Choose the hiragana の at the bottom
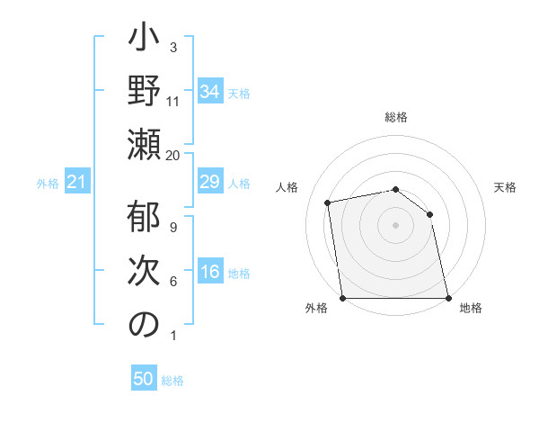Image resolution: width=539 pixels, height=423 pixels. (x=144, y=326)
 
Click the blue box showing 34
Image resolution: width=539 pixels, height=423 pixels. (x=209, y=91)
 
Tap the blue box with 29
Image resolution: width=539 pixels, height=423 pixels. (x=209, y=183)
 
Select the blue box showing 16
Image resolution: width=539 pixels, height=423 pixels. (x=209, y=273)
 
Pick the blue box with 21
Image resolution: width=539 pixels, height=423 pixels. (x=77, y=183)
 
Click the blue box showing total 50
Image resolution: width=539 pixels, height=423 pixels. (x=144, y=379)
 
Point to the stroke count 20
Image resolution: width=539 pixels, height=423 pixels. (x=172, y=155)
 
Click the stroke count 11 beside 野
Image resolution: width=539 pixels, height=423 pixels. (x=172, y=101)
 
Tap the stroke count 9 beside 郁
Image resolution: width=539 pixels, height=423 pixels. (x=172, y=227)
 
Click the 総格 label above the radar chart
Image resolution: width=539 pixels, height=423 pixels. (x=396, y=117)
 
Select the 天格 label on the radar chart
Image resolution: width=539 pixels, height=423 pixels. (x=505, y=187)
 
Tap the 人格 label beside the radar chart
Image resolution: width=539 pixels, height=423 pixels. (x=288, y=187)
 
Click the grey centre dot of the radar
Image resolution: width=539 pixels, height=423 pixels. (x=395, y=225)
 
